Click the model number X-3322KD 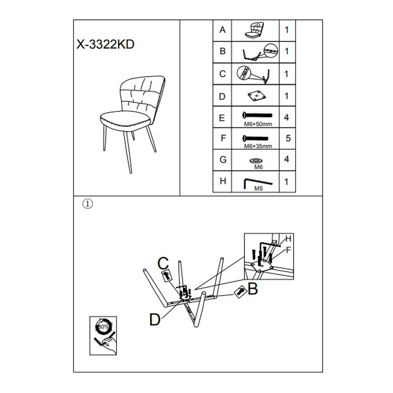(105, 45)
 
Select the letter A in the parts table (222, 30)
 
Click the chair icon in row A (255, 30)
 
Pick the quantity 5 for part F (288, 138)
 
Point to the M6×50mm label (258, 124)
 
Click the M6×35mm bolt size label (258, 146)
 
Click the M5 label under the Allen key (258, 189)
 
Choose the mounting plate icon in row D (255, 96)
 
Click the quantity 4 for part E (287, 117)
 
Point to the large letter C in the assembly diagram (163, 263)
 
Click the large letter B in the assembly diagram (253, 289)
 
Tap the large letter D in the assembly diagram (155, 319)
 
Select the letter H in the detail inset (288, 238)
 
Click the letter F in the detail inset (288, 250)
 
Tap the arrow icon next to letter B (240, 291)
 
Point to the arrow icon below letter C (167, 275)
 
